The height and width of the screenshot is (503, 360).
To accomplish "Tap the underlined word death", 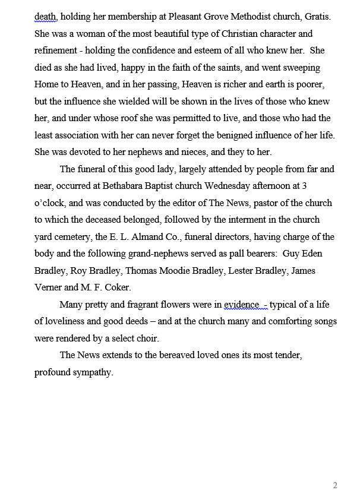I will click(45, 17).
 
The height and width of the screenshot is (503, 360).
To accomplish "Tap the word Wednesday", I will click(234, 186).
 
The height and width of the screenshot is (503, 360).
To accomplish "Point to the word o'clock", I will click(49, 203).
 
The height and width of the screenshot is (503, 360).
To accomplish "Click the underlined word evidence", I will click(241, 305).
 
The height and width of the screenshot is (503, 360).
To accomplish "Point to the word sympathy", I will click(91, 373).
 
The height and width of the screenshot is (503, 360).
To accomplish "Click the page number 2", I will click(335, 485).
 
